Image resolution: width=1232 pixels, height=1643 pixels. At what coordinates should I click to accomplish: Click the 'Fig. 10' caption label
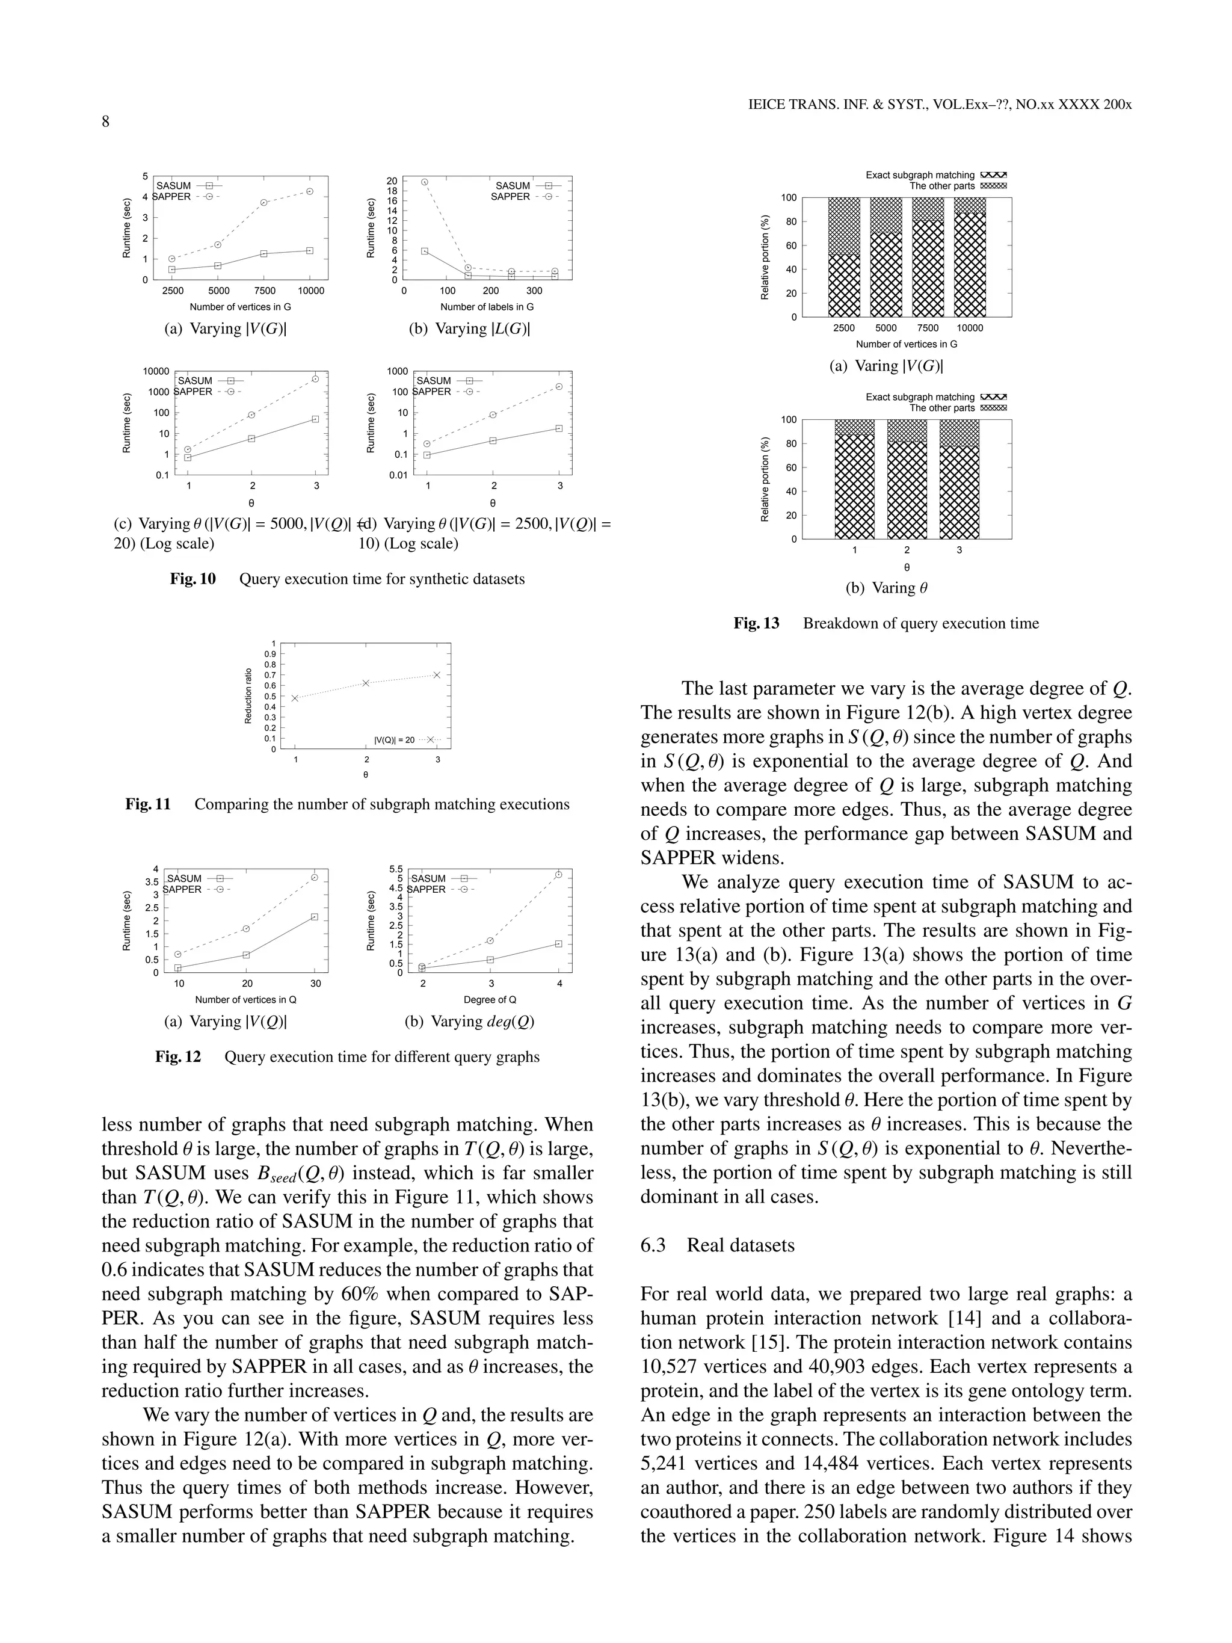[192, 579]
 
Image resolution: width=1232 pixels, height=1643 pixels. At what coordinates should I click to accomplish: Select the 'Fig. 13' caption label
[756, 623]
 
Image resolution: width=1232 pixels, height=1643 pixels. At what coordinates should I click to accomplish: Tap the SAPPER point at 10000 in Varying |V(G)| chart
[310, 192]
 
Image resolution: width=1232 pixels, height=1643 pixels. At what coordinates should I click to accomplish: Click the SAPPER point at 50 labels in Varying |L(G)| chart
[425, 182]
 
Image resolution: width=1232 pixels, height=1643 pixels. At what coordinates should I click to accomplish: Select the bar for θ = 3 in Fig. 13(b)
[959, 479]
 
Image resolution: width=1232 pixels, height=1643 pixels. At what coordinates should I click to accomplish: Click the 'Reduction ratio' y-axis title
[249, 696]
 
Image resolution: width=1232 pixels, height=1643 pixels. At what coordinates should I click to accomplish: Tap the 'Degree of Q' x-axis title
[490, 1000]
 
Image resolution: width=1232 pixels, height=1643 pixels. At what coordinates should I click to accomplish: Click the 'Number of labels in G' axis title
[487, 307]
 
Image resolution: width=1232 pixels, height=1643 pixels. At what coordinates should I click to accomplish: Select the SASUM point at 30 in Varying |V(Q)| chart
[315, 917]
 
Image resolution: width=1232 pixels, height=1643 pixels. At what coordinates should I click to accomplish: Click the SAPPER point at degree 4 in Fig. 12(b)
[558, 875]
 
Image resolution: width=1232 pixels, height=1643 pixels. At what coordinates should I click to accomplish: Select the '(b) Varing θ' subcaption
[887, 588]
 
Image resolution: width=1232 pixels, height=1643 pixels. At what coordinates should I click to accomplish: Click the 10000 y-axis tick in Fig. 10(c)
[156, 371]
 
